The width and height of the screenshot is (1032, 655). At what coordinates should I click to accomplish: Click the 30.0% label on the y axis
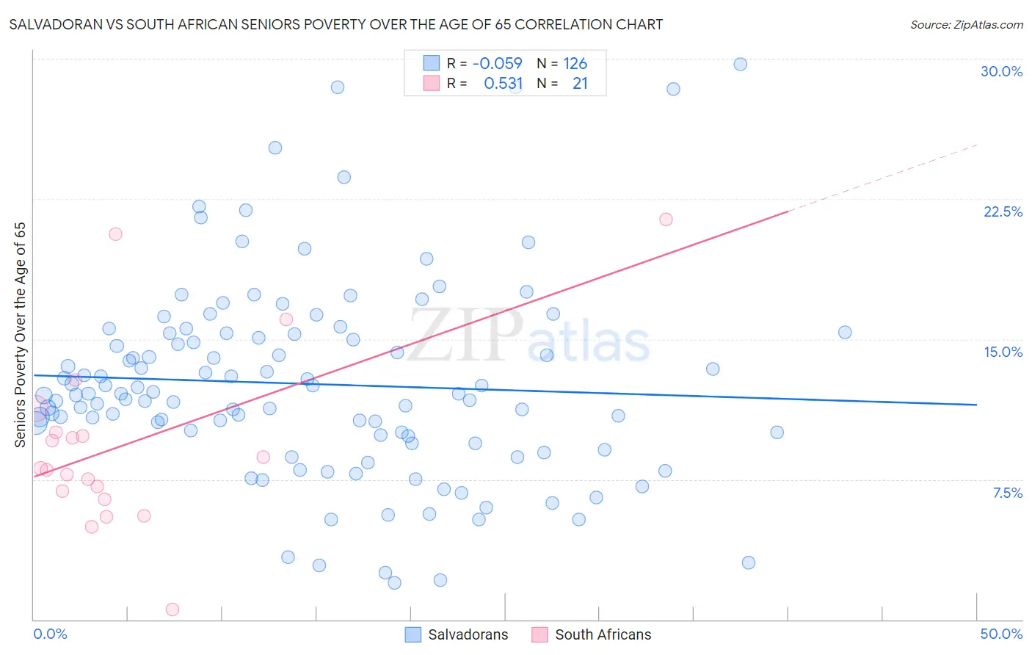tap(1001, 71)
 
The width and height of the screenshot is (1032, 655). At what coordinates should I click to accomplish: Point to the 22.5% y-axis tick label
tap(1003, 211)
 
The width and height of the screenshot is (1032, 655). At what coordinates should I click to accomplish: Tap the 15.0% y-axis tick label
tap(1003, 352)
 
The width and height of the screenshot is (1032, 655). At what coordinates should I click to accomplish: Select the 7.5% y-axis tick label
tap(1007, 493)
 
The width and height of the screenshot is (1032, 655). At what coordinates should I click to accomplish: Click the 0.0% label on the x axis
tap(50, 634)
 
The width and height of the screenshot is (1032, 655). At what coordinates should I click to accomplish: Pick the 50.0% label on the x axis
tap(1001, 634)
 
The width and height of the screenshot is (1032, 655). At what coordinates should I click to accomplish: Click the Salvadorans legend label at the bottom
tap(468, 634)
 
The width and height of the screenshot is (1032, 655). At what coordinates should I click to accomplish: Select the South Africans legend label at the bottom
tap(603, 634)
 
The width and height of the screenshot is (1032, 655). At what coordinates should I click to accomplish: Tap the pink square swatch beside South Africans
tap(539, 634)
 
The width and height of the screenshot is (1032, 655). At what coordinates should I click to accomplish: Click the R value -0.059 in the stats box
tap(497, 63)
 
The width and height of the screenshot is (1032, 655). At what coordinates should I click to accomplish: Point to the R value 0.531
tap(503, 84)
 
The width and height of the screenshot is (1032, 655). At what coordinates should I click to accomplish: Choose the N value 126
tap(575, 63)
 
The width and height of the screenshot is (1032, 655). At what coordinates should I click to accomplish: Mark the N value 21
tap(580, 84)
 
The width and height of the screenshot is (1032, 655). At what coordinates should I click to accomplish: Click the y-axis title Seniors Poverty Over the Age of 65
tap(20, 334)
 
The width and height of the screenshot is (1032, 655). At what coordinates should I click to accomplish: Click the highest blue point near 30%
tap(740, 64)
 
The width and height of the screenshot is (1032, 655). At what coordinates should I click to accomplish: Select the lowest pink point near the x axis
tap(172, 609)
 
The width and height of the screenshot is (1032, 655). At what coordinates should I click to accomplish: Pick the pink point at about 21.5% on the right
tap(666, 219)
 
